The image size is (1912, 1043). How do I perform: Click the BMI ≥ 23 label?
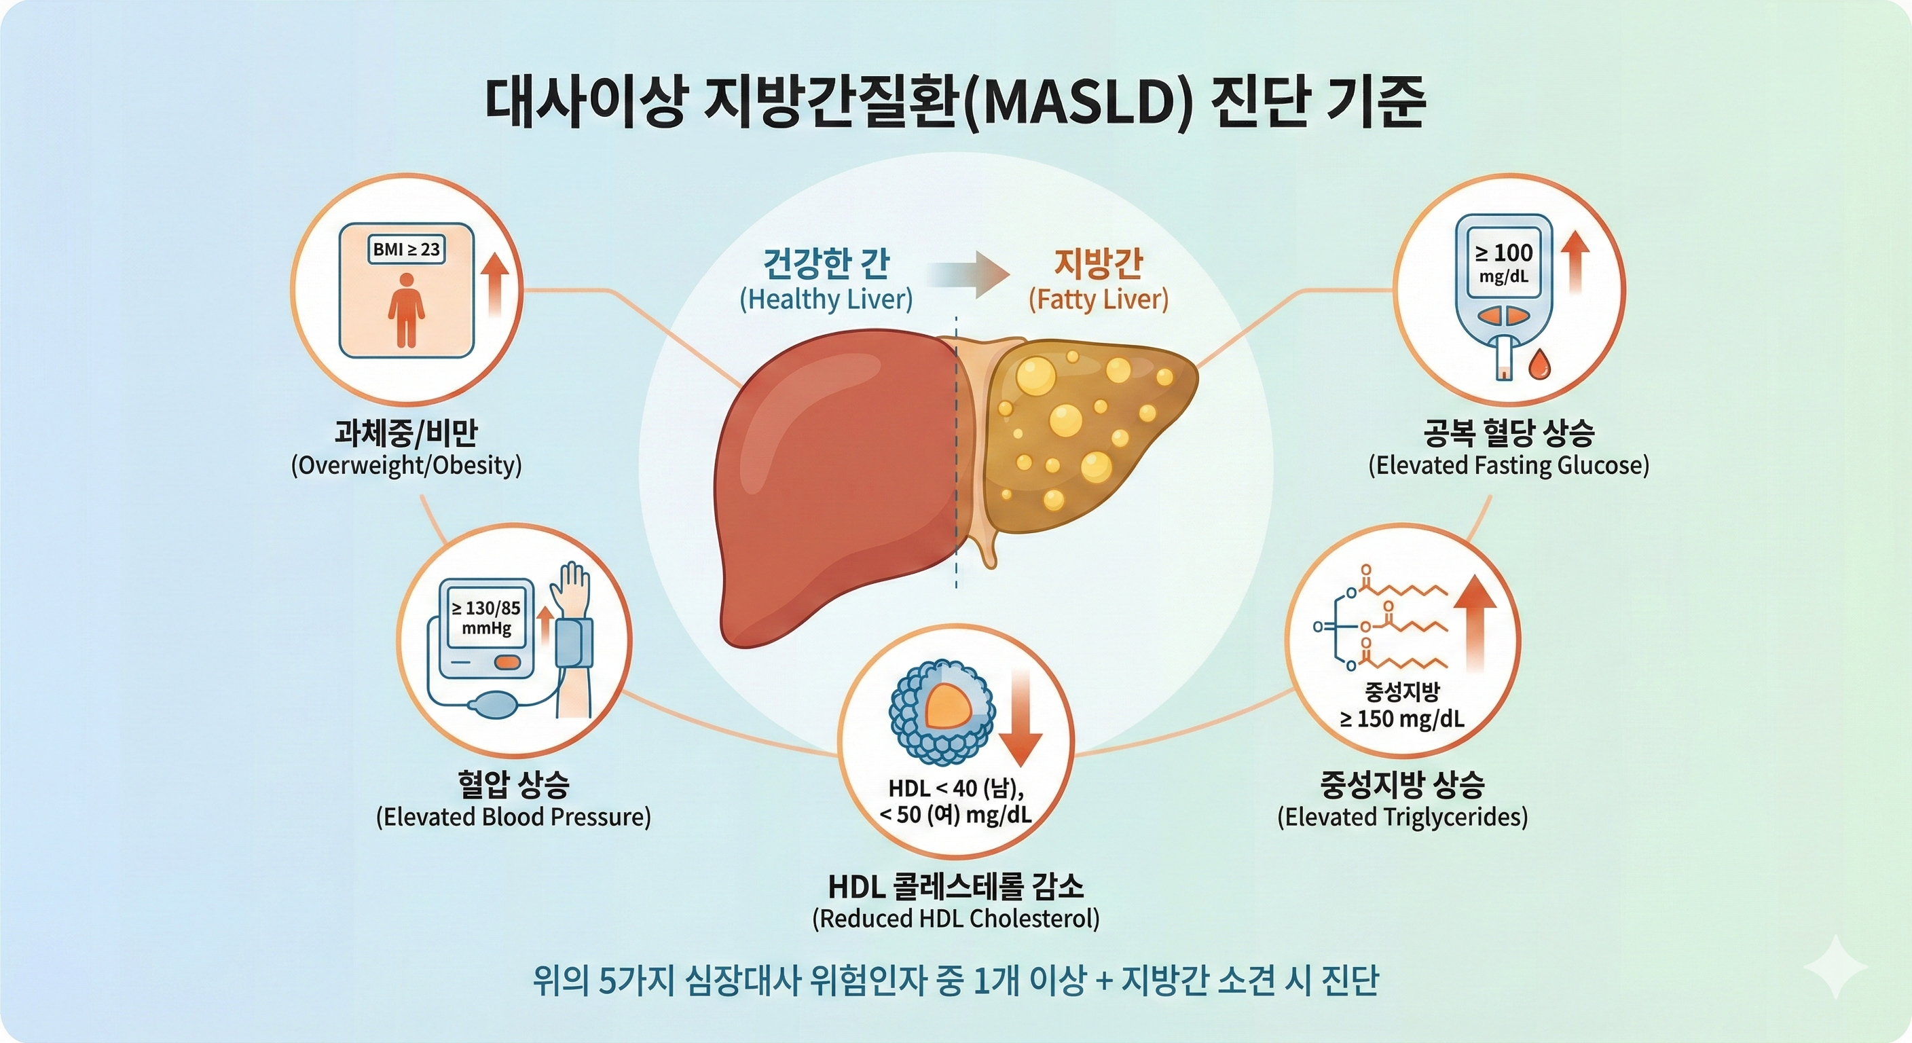pos(406,249)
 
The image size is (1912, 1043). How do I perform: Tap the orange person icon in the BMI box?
pos(406,310)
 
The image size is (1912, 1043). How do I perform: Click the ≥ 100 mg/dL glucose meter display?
pos(1503,263)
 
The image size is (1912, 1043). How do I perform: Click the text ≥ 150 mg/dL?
pos(1401,718)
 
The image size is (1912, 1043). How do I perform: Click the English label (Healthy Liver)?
pos(826,299)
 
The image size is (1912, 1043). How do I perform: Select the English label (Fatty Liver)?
pos(1098,299)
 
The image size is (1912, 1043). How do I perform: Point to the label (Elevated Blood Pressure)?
pos(513,817)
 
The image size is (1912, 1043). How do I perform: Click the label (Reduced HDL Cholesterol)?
pos(955,918)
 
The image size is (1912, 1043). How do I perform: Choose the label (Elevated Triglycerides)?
pos(1402,817)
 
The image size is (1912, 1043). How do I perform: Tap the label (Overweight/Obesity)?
pos(406,465)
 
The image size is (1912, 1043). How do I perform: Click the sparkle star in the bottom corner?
pos(1835,966)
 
